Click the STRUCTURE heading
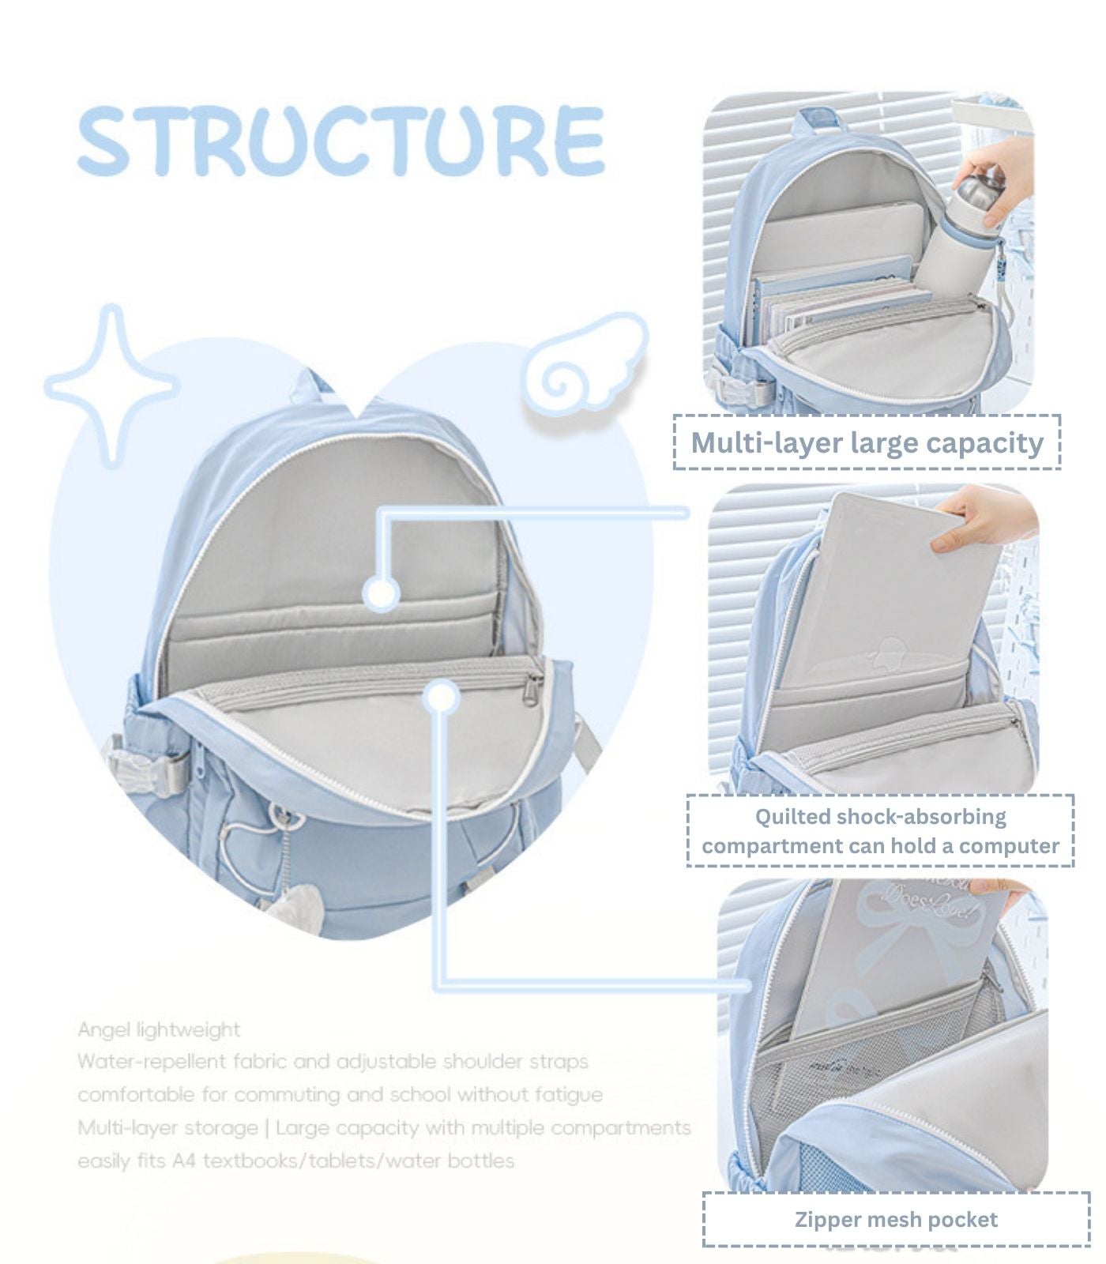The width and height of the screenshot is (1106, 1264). (x=341, y=141)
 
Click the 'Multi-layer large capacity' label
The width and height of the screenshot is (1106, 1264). (x=867, y=442)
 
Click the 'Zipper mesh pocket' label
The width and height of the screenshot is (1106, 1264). (x=896, y=1219)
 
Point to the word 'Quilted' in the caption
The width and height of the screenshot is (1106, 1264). (x=792, y=817)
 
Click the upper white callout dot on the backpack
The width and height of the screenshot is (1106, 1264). (x=382, y=593)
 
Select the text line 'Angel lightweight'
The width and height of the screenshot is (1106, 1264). (x=158, y=1030)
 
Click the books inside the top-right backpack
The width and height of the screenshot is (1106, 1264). (x=841, y=300)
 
